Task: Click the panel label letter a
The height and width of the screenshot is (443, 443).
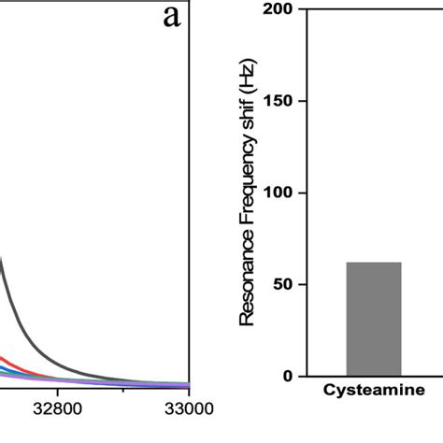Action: point(171,18)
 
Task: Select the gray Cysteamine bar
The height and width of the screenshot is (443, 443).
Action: point(374,319)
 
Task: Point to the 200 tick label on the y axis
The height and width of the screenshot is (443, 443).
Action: point(279,9)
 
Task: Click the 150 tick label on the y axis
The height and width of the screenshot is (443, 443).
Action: point(279,101)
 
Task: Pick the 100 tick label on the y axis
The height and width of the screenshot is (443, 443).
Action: point(279,193)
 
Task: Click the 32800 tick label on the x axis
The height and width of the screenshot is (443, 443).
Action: point(57,408)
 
